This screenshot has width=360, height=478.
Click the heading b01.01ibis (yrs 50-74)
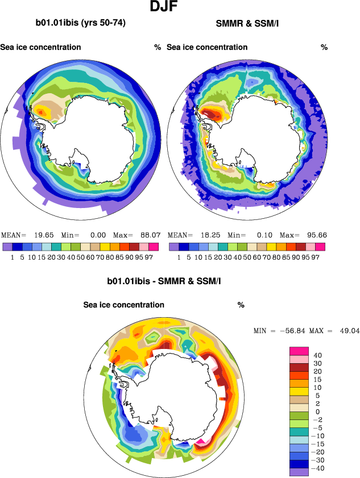(x=80, y=23)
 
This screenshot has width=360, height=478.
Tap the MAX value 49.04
(x=349, y=330)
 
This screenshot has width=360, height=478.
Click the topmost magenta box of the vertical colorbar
(x=299, y=351)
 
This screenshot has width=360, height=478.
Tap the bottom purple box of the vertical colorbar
(x=299, y=472)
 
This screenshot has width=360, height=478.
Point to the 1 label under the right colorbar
(x=179, y=257)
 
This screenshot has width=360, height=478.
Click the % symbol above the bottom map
(x=241, y=305)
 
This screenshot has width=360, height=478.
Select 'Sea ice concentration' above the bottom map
(x=124, y=305)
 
